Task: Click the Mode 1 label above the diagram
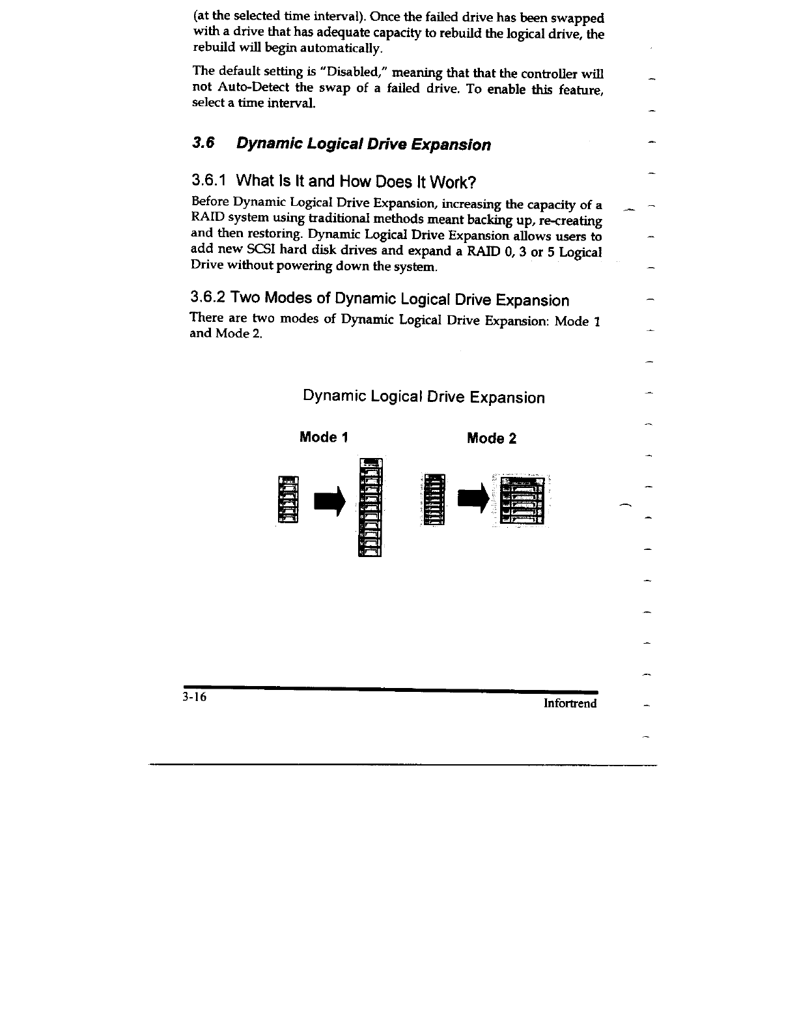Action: pyautogui.click(x=324, y=437)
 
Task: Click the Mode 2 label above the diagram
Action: pyautogui.click(x=492, y=438)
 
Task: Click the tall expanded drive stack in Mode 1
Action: pyautogui.click(x=370, y=507)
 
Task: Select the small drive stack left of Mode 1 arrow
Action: pyautogui.click(x=287, y=499)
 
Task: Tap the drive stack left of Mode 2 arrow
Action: pyautogui.click(x=433, y=498)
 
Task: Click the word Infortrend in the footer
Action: pyautogui.click(x=570, y=704)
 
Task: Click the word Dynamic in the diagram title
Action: pyautogui.click(x=334, y=397)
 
